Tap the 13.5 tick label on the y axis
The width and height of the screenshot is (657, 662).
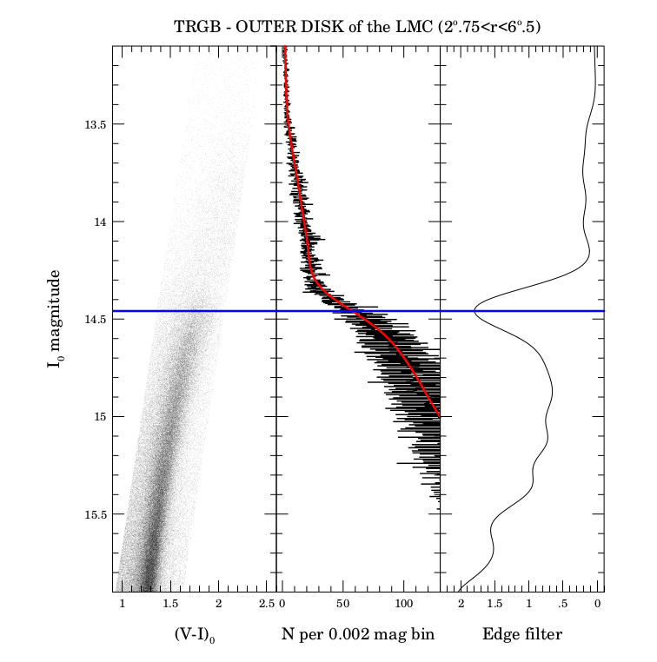91,124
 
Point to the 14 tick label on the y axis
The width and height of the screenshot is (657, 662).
97,222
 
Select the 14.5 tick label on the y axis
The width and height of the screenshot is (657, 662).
91,320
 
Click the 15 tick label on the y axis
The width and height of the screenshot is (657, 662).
97,417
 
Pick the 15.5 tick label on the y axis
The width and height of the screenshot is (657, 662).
91,514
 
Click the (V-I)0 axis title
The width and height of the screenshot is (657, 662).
194,635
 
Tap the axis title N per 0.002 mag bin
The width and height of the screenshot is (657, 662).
358,635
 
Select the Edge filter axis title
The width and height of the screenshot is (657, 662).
522,635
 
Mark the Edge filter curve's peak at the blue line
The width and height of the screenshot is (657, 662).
474,310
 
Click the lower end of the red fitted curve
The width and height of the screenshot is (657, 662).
439,416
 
